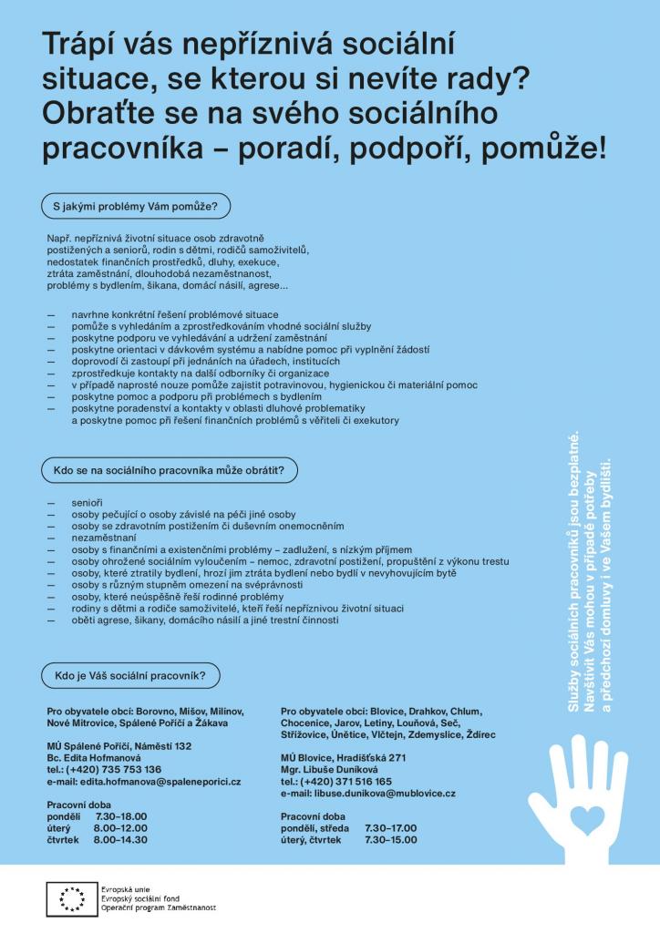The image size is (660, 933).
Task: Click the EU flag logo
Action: coord(71,898)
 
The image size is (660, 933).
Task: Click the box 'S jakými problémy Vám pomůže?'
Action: coord(135,206)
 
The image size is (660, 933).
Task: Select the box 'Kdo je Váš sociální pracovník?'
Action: coord(130,676)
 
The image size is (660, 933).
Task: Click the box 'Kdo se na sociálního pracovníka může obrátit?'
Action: coord(170,471)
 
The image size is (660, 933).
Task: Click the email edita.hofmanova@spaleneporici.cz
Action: coord(143,782)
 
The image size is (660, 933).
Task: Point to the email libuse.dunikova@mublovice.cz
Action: coord(368,794)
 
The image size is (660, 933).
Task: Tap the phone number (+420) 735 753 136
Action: coord(104,770)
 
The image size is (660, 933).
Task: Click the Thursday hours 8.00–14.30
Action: coord(120,839)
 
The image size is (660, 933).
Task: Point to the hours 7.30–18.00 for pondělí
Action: coord(120,816)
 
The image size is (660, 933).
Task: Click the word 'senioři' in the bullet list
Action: coord(88,503)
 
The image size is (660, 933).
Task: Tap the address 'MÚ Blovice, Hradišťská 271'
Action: coord(343,758)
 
